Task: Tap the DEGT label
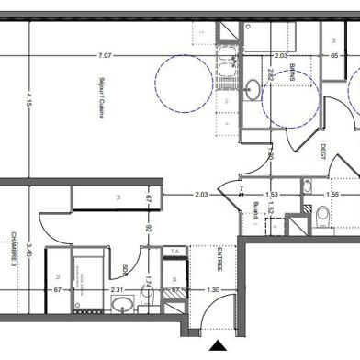tap(323, 157)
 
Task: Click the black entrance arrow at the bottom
tap(219, 347)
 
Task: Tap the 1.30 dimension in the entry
tap(212, 291)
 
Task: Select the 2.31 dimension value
tap(118, 291)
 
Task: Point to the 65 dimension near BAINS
tap(335, 56)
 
